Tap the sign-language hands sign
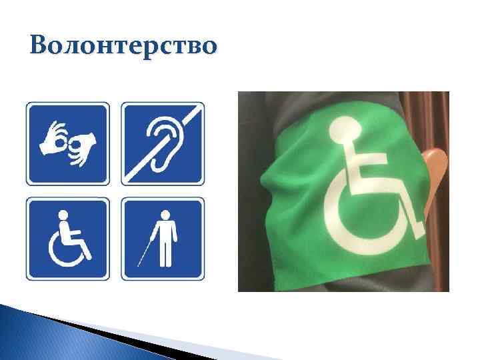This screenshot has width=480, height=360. click(x=67, y=143)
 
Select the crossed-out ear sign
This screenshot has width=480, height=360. click(x=163, y=143)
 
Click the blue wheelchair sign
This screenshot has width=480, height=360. click(x=67, y=239)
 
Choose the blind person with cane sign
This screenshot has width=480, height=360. click(x=163, y=239)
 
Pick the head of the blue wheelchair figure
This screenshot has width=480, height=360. click(x=64, y=215)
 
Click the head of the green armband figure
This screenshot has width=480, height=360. click(x=345, y=127)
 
